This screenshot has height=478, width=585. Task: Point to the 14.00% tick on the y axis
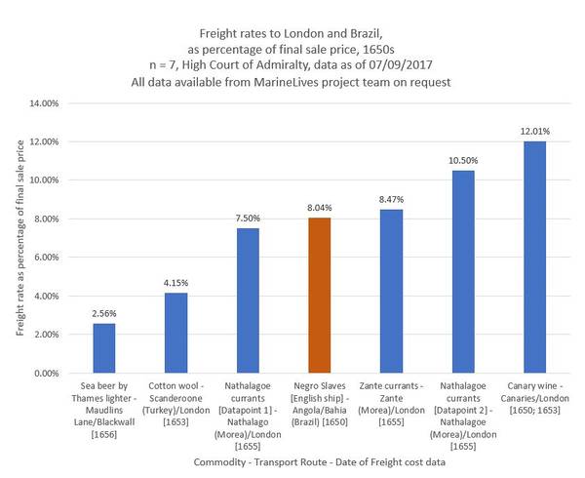[x=47, y=103]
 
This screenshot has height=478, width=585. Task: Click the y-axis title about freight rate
[x=19, y=238]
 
